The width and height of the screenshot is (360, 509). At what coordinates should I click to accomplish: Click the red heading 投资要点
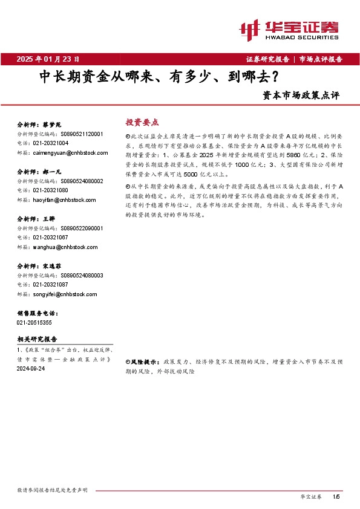tap(142, 122)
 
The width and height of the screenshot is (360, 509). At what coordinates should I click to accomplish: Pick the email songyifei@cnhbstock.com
tap(59, 294)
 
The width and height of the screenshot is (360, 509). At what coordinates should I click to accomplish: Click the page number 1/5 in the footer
tap(336, 496)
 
